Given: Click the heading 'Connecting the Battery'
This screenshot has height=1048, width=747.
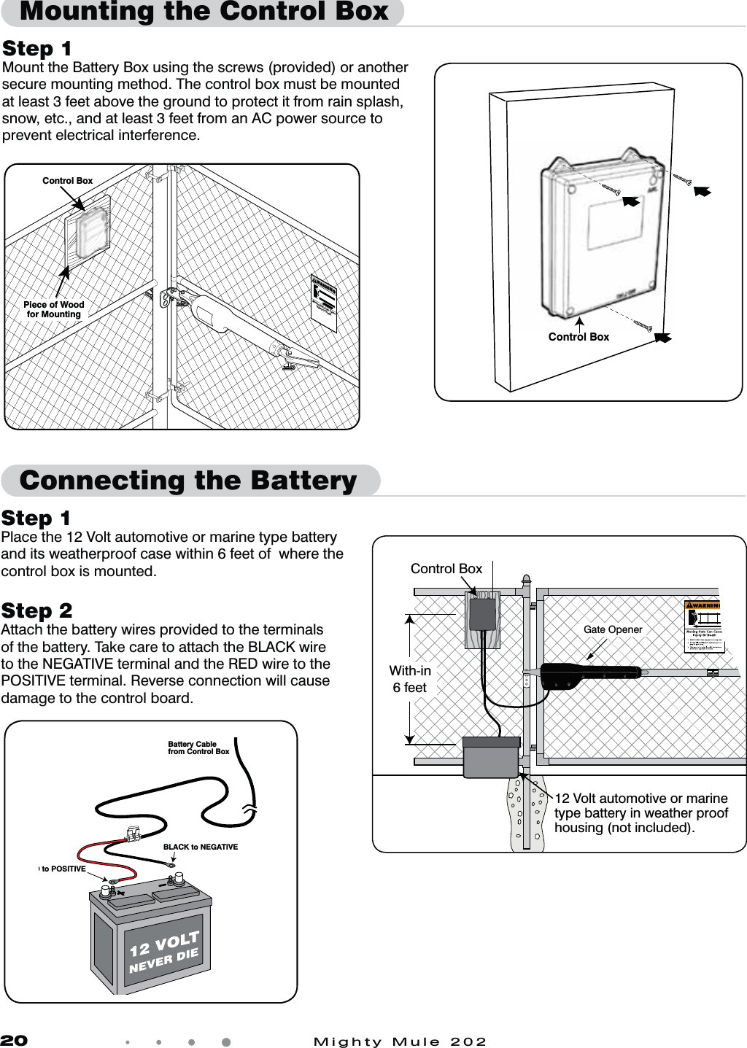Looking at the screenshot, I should tap(188, 481).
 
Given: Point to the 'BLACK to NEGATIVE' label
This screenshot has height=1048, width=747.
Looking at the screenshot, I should tap(200, 847).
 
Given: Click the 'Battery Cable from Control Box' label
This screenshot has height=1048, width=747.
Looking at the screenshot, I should tap(198, 748).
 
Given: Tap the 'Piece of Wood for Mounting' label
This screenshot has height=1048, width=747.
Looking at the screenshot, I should tap(53, 309).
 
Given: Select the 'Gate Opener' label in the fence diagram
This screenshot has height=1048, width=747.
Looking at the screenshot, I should tap(613, 629).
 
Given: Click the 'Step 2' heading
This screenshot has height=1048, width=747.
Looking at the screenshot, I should tap(36, 610).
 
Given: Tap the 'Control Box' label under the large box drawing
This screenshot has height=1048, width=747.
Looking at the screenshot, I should tap(578, 337).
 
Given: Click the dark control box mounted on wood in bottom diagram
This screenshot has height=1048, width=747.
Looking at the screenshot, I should tap(482, 614).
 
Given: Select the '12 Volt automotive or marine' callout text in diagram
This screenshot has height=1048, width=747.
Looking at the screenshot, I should tap(640, 798).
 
